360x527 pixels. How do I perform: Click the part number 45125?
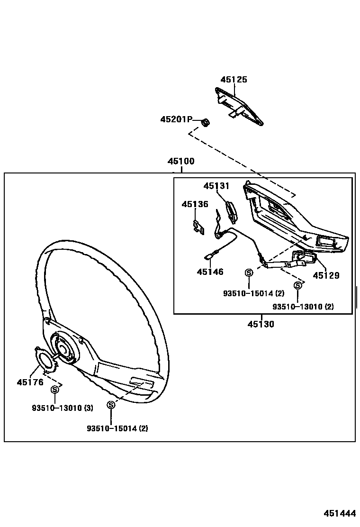pos(234,80)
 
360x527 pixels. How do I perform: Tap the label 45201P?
pos(176,119)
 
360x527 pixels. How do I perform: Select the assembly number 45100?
pos(180,161)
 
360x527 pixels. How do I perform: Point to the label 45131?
pos(216,186)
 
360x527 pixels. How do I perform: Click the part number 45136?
pos(194,204)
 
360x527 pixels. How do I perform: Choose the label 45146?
pos(210,272)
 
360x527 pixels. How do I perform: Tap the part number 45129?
pos(326,275)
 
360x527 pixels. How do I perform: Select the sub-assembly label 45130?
pos(261,325)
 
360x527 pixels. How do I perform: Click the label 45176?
pos(30,382)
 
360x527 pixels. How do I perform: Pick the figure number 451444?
pos(340,514)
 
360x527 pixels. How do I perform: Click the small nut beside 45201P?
pos(206,122)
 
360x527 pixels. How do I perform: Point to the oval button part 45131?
pos(232,211)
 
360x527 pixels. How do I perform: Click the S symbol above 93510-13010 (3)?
pos(54,390)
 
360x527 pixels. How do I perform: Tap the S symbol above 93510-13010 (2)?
pos(297,286)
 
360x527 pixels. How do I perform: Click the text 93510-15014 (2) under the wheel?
pos(117,428)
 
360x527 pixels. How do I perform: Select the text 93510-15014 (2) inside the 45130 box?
pos(253,293)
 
